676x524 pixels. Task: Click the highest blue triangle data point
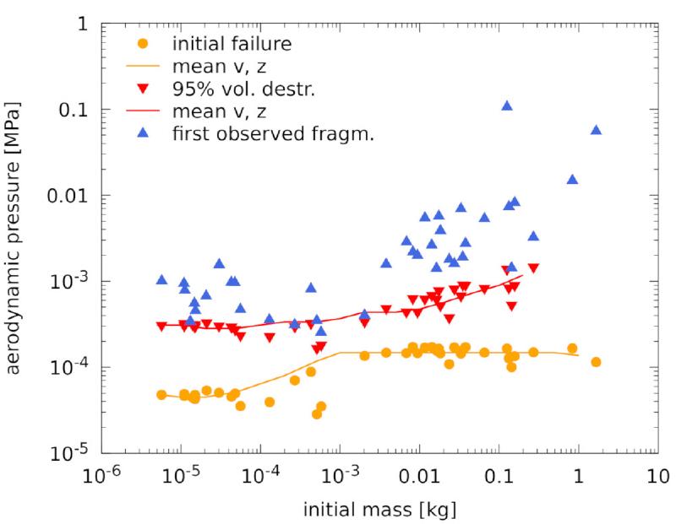[x=507, y=105]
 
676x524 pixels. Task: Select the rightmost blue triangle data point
[x=596, y=129]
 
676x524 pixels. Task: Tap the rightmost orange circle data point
[x=596, y=362]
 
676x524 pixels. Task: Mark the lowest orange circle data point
[x=317, y=413]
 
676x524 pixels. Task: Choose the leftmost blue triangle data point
[x=161, y=279]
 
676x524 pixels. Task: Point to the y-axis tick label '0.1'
[x=74, y=111]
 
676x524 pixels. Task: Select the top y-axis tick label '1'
[x=84, y=24]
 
